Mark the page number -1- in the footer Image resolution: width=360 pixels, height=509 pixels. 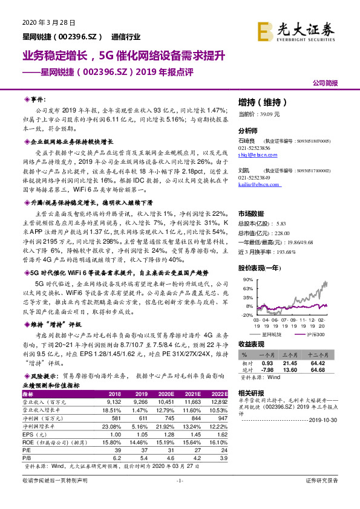tap(180, 497)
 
